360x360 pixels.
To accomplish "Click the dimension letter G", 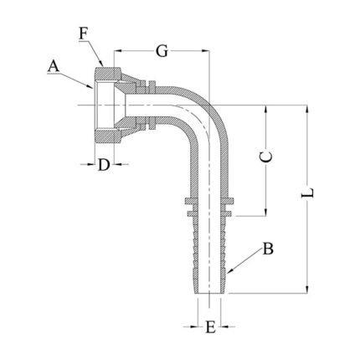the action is [x=162, y=51].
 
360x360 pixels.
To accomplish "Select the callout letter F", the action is [x=84, y=34].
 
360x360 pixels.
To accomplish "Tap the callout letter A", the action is [x=54, y=67].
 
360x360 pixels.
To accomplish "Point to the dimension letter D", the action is [x=104, y=165].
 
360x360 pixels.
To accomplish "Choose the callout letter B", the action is [x=268, y=249].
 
